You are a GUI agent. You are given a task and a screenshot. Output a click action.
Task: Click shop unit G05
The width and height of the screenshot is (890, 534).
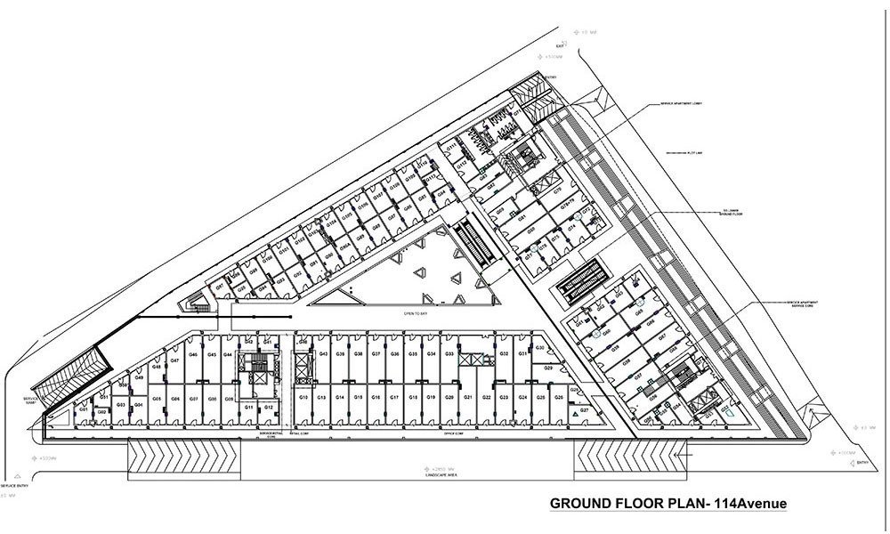[x=156, y=399]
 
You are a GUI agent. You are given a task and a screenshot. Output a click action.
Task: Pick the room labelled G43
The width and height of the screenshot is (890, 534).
[x=324, y=354]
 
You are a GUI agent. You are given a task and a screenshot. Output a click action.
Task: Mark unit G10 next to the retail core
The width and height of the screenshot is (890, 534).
[x=303, y=397]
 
